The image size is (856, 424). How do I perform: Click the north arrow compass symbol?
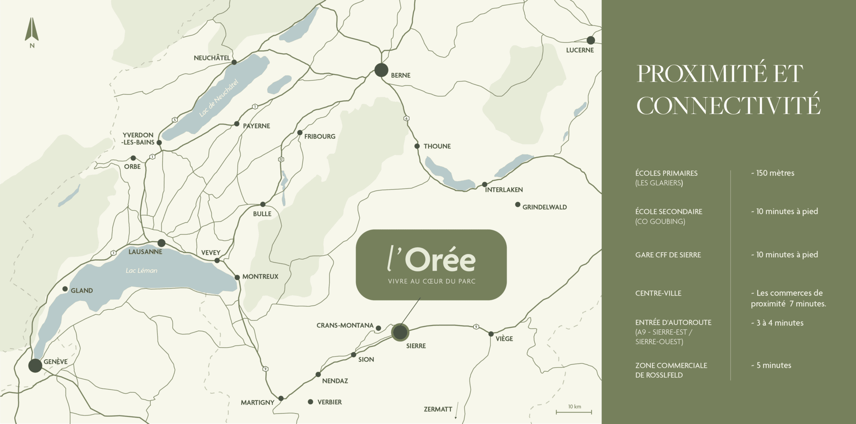pos(32,30)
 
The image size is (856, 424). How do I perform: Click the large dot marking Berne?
pos(381,70)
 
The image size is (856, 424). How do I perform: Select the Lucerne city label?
pos(580,50)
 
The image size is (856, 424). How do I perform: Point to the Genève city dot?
pos(35,366)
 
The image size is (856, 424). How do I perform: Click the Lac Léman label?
pos(141,270)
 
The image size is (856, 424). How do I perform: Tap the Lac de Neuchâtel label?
pos(218,98)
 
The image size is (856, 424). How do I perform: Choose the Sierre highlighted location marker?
pos(400,332)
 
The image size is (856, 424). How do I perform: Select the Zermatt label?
pos(438,409)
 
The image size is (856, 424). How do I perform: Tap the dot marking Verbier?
pos(310,402)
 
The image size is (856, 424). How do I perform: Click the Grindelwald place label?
pos(544,207)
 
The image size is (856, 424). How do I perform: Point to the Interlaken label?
pos(504,190)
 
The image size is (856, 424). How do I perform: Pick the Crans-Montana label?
pos(345,325)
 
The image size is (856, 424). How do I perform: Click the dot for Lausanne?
pos(161,243)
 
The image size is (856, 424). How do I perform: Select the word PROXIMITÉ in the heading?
pos(701,74)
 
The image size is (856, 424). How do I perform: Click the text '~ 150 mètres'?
pos(773,173)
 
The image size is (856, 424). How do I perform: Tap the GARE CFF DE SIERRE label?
pos(668,255)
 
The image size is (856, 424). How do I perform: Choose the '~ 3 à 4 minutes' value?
pos(777,323)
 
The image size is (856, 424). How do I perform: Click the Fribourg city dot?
pos(300,133)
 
